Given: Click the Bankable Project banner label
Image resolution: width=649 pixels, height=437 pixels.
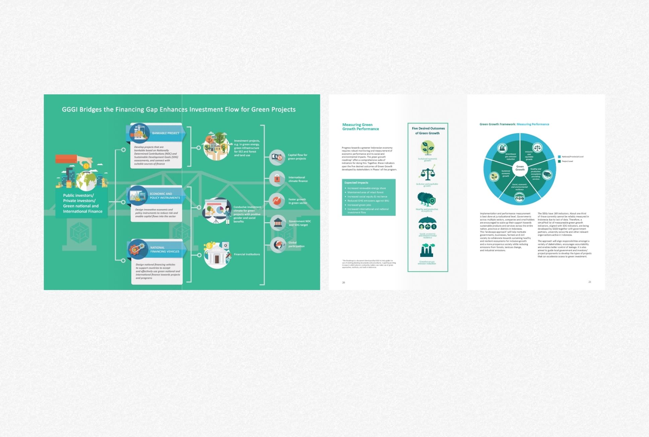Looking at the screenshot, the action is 165,133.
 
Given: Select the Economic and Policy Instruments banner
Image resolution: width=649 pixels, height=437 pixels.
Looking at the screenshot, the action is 164,196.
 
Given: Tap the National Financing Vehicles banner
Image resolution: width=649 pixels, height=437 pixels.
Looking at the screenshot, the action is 164,250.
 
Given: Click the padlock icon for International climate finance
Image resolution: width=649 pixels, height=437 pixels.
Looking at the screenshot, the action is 277,179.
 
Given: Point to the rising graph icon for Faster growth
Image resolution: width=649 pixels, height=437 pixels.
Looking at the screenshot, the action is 277,201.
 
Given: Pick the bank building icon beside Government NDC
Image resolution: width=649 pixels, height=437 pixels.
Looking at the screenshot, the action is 278,223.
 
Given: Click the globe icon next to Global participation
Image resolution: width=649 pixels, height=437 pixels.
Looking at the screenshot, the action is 278,245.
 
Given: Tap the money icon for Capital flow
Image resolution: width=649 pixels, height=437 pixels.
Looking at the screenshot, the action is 277,157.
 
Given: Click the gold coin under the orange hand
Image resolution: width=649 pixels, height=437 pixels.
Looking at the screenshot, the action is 86,166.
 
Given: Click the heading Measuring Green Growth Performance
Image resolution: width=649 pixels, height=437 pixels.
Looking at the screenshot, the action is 360,127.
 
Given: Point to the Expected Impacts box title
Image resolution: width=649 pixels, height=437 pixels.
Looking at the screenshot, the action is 356,183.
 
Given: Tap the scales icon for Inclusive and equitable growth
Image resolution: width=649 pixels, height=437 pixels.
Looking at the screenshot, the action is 427,174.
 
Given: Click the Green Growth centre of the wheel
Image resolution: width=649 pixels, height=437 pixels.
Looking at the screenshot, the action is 520,168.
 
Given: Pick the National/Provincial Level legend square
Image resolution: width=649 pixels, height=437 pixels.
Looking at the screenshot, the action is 559,157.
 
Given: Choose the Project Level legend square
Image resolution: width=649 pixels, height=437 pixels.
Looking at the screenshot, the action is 559,161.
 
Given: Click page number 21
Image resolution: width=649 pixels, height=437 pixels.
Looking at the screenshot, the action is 590,282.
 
